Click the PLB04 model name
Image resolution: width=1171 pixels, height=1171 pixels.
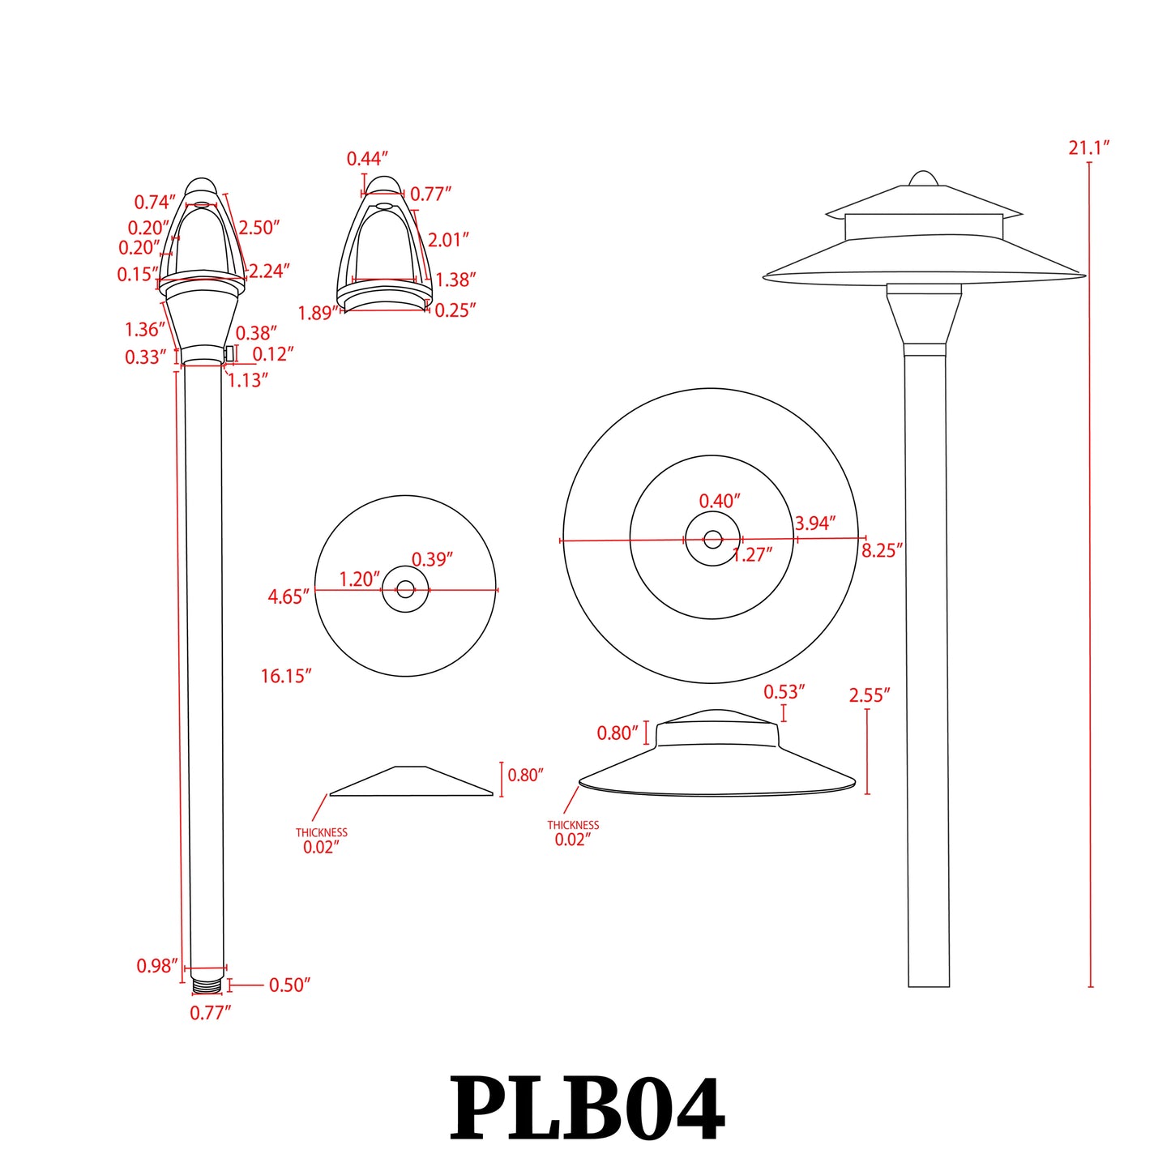pos(586,1109)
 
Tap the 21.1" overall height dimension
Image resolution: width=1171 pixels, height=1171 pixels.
pos(1088,147)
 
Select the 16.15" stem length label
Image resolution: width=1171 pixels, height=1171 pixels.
pos(285,676)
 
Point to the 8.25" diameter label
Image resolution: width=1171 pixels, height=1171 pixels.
pos(882,551)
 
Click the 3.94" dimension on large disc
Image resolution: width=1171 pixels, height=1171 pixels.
pos(814,524)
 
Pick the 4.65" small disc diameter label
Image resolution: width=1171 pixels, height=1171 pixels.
pos(288,597)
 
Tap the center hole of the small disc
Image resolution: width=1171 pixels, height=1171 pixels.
pos(405,589)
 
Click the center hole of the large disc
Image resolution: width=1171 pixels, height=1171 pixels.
pos(712,539)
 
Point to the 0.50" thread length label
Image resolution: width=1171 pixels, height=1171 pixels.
pos(289,985)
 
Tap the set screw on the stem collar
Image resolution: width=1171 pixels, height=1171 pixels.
pos(229,353)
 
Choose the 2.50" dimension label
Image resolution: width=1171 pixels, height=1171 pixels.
pos(259,228)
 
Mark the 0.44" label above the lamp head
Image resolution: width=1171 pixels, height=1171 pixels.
pos(367,159)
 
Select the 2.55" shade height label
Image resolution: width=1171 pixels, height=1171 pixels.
pos(869,695)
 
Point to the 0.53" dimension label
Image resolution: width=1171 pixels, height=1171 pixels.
pos(784,692)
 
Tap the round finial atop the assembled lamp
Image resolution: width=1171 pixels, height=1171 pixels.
pos(922,178)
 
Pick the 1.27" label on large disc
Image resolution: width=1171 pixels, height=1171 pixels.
pos(752,554)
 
